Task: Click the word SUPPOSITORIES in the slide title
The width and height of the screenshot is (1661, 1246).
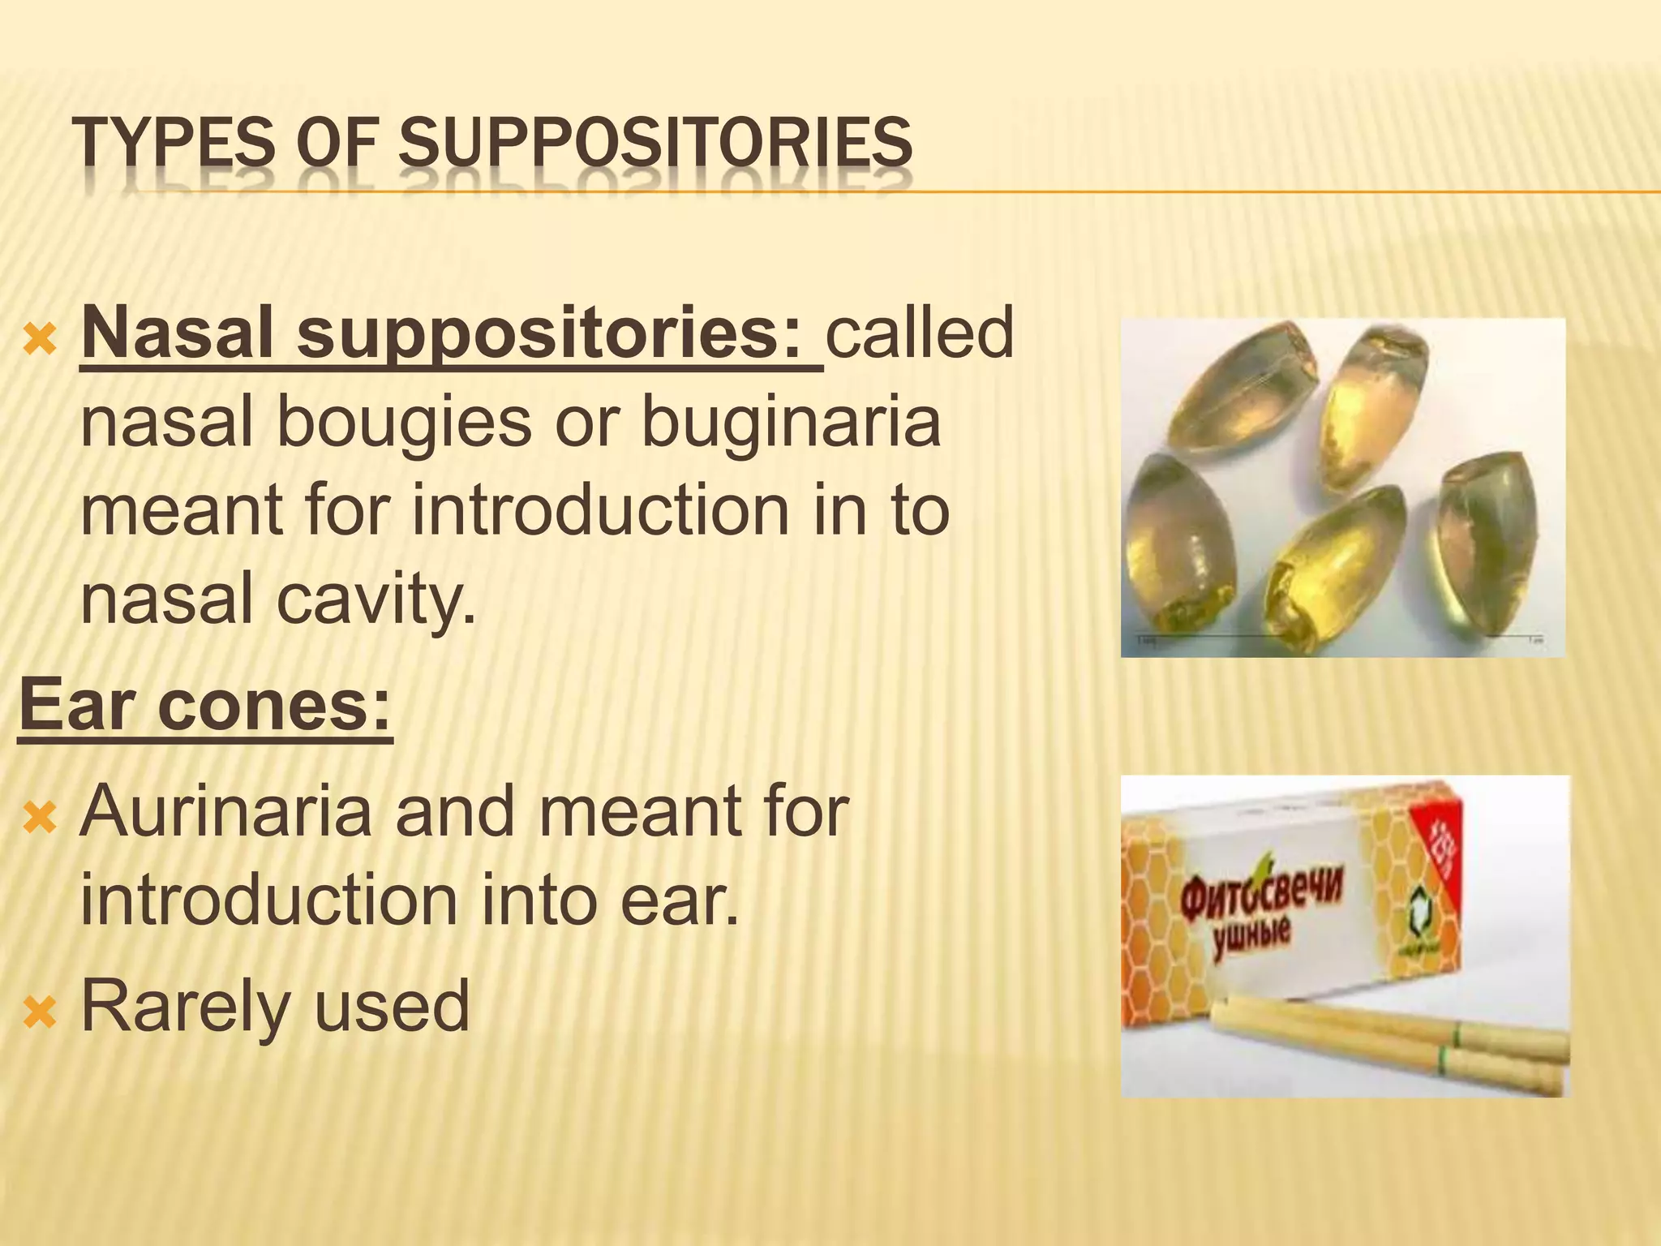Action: pos(655,143)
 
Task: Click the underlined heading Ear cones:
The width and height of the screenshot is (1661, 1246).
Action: pos(205,705)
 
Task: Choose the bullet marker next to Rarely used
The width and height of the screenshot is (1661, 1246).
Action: pos(40,1012)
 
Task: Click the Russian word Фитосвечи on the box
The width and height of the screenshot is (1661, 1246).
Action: pos(1262,896)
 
